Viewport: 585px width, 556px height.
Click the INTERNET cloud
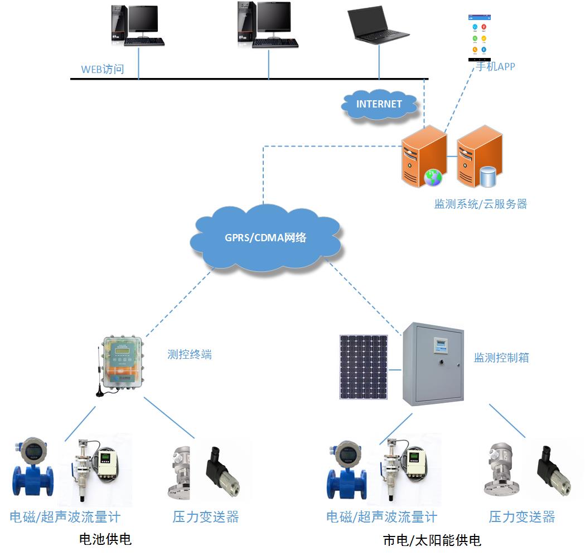pos(379,105)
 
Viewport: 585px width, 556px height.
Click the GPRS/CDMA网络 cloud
pos(265,238)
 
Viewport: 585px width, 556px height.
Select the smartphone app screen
pos(480,38)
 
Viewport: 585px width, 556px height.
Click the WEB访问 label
pos(103,69)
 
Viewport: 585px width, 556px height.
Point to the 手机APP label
pos(495,67)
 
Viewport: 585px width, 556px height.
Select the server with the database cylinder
pos(480,157)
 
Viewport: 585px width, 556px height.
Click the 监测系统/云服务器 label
pos(481,204)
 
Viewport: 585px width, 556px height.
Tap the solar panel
pos(364,367)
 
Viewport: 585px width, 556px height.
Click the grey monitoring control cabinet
pos(433,364)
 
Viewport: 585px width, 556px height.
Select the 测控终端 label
pos(190,354)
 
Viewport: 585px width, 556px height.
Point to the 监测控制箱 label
pos(501,358)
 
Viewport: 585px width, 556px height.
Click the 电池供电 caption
pos(105,539)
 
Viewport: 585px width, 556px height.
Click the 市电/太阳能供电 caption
pos(432,540)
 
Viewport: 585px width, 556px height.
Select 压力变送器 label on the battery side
pos(206,517)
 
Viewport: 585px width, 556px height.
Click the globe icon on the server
pos(433,178)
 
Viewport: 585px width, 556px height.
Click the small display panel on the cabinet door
pos(441,345)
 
